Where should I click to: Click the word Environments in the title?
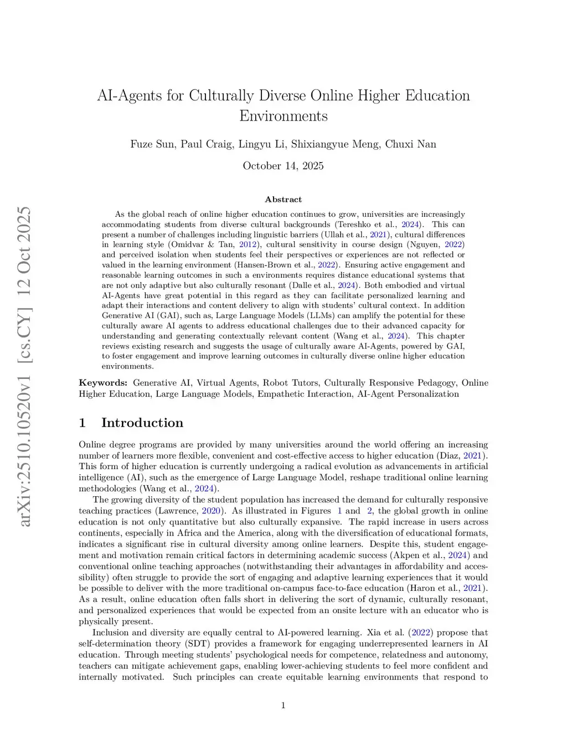(283, 116)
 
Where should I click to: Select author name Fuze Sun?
(152, 144)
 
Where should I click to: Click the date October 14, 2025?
(283, 166)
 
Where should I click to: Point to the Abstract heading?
(283, 200)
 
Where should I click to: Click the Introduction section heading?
(142, 423)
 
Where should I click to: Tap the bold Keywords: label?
(103, 383)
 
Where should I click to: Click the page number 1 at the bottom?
(283, 705)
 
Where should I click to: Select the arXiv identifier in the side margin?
(25, 366)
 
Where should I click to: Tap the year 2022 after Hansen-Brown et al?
(327, 265)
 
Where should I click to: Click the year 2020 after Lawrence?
(211, 511)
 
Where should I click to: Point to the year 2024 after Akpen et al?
(457, 555)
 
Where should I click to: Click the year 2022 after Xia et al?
(421, 633)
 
